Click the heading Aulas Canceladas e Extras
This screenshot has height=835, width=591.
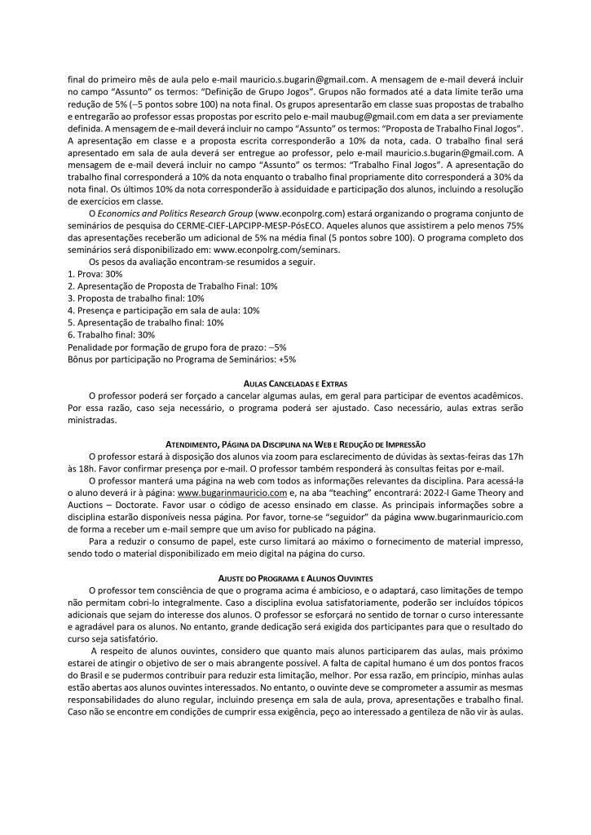coord(295,382)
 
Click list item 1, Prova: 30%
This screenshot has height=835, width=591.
coord(95,274)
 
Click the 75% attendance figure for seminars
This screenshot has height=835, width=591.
coord(510,226)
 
